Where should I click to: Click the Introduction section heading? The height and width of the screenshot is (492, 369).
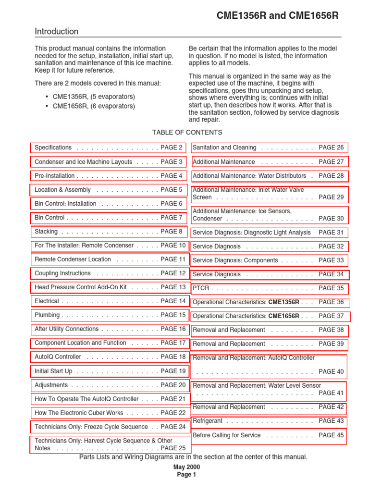(x=56, y=32)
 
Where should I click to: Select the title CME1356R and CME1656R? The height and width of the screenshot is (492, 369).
(x=278, y=16)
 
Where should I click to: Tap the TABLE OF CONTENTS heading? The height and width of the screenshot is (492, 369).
(x=187, y=132)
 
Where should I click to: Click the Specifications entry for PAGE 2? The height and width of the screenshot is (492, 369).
(x=109, y=148)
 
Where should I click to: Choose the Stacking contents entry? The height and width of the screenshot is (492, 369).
(x=109, y=232)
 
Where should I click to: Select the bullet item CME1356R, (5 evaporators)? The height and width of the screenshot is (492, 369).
(x=94, y=97)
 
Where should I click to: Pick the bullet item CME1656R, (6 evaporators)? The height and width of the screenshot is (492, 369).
(x=94, y=106)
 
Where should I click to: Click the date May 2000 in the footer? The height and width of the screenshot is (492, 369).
(x=186, y=467)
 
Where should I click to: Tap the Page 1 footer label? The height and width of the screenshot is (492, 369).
(x=186, y=475)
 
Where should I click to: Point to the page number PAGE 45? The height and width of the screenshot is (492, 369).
(x=331, y=435)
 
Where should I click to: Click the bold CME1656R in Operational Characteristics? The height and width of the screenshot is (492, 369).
(x=283, y=316)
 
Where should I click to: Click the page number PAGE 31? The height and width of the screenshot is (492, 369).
(x=331, y=233)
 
